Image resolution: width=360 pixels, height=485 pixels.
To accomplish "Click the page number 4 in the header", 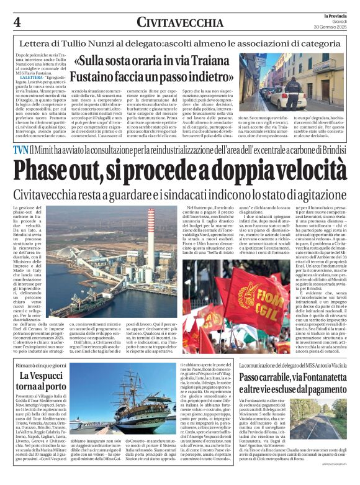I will pos(18,22).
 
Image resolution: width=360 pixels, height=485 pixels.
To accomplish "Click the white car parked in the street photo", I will pos(281,97).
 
